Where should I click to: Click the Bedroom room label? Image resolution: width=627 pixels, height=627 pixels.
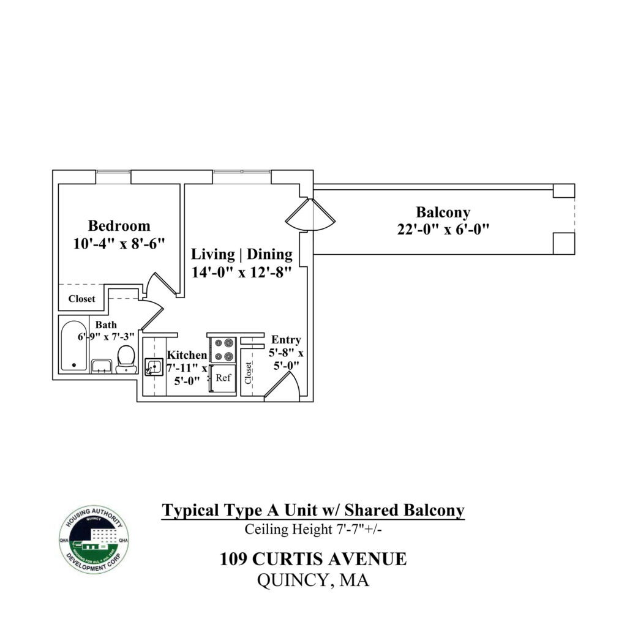pyautogui.click(x=119, y=225)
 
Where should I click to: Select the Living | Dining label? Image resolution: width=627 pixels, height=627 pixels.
pyautogui.click(x=242, y=254)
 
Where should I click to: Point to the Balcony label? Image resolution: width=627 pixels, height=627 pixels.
pyautogui.click(x=443, y=212)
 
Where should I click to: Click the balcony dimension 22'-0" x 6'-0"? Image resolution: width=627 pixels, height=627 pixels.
pyautogui.click(x=443, y=230)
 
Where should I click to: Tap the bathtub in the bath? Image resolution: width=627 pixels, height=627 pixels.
pyautogui.click(x=75, y=345)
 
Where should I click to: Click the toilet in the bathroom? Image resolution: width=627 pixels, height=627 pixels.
pyautogui.click(x=126, y=358)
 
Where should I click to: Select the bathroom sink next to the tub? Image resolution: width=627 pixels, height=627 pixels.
pyautogui.click(x=101, y=366)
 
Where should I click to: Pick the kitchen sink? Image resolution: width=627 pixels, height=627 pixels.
pyautogui.click(x=153, y=368)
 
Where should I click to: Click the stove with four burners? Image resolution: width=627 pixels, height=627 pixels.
pyautogui.click(x=223, y=349)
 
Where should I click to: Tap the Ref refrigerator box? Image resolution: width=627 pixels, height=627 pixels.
pyautogui.click(x=223, y=377)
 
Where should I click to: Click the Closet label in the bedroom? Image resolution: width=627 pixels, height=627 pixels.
pyautogui.click(x=81, y=299)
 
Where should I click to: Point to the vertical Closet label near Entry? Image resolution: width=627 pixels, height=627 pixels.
pyautogui.click(x=249, y=373)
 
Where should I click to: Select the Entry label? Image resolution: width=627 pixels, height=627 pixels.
pyautogui.click(x=286, y=340)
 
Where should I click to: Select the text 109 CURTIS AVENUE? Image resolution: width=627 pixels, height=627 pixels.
pyautogui.click(x=313, y=559)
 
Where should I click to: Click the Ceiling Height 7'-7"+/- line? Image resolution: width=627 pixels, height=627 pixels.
pyautogui.click(x=313, y=529)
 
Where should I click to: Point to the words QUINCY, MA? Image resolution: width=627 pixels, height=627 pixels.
pyautogui.click(x=313, y=580)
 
